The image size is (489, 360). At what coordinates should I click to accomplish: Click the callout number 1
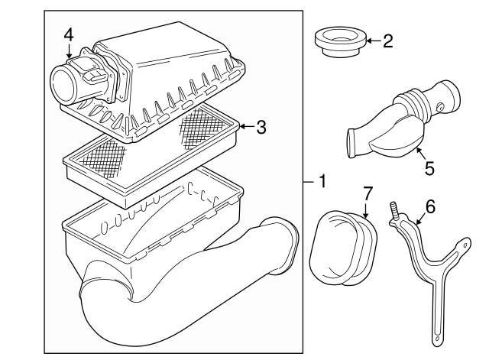[x=322, y=181]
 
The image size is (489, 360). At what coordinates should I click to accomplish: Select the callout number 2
[x=388, y=41]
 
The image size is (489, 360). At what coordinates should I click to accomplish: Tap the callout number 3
[x=261, y=127]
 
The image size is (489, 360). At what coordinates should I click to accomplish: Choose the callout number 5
[x=429, y=168]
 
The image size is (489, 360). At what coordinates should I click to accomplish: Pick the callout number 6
[x=430, y=207]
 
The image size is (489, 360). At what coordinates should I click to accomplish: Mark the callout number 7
[x=368, y=193]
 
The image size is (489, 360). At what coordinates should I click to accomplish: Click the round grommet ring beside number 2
[x=340, y=43]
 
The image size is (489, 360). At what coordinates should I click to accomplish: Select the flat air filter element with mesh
[x=152, y=156]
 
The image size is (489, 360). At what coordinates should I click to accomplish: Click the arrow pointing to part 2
[x=374, y=41]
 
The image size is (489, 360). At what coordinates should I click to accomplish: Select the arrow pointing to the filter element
[x=248, y=127]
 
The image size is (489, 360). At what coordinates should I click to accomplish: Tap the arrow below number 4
[x=69, y=51]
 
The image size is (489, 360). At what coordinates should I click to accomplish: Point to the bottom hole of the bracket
[x=437, y=339]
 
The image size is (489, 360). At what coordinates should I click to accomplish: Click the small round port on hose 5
[x=441, y=107]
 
